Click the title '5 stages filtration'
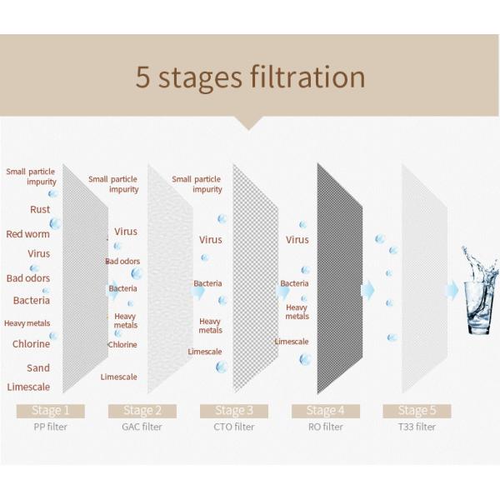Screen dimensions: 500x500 (x=250, y=77)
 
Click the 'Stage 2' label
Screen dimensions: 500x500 (x=138, y=410)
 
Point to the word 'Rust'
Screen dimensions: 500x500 (x=39, y=209)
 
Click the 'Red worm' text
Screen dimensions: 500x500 (x=27, y=234)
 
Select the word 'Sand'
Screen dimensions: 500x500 (x=37, y=367)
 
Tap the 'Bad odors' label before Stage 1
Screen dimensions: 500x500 (x=28, y=278)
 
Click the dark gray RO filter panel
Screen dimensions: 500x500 (x=340, y=279)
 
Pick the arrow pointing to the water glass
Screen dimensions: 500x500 (x=452, y=289)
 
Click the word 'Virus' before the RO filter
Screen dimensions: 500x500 (x=297, y=240)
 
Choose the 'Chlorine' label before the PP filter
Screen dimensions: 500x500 (x=31, y=343)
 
